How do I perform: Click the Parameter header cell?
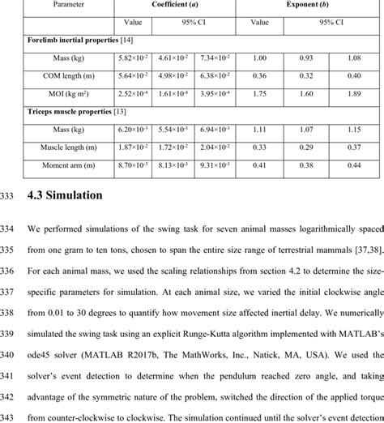70,5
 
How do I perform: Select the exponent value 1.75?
260,93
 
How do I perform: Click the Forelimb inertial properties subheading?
78,41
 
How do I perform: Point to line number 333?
11,195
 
